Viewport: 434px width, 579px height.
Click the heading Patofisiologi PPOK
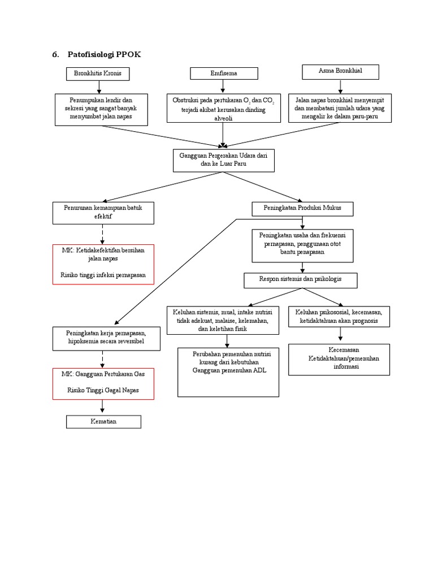[104, 55]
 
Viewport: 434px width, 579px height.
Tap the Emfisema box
[224, 73]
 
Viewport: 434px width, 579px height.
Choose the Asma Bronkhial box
[340, 72]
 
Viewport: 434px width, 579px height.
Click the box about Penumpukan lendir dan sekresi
[101, 109]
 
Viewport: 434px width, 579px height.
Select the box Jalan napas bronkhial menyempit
[340, 108]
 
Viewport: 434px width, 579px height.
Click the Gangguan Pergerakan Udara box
[223, 159]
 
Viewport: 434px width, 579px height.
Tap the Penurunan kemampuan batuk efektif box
[102, 212]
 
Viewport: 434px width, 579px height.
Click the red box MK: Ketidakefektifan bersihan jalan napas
[103, 263]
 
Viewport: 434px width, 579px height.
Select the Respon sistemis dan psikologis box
[300, 279]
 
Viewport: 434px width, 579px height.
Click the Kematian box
[103, 422]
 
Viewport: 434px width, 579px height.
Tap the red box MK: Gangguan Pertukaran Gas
[103, 383]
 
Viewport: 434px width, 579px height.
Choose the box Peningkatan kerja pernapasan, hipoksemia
[103, 338]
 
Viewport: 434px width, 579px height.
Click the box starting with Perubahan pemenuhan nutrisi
[228, 371]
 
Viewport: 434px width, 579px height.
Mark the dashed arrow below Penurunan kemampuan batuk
[102, 234]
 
